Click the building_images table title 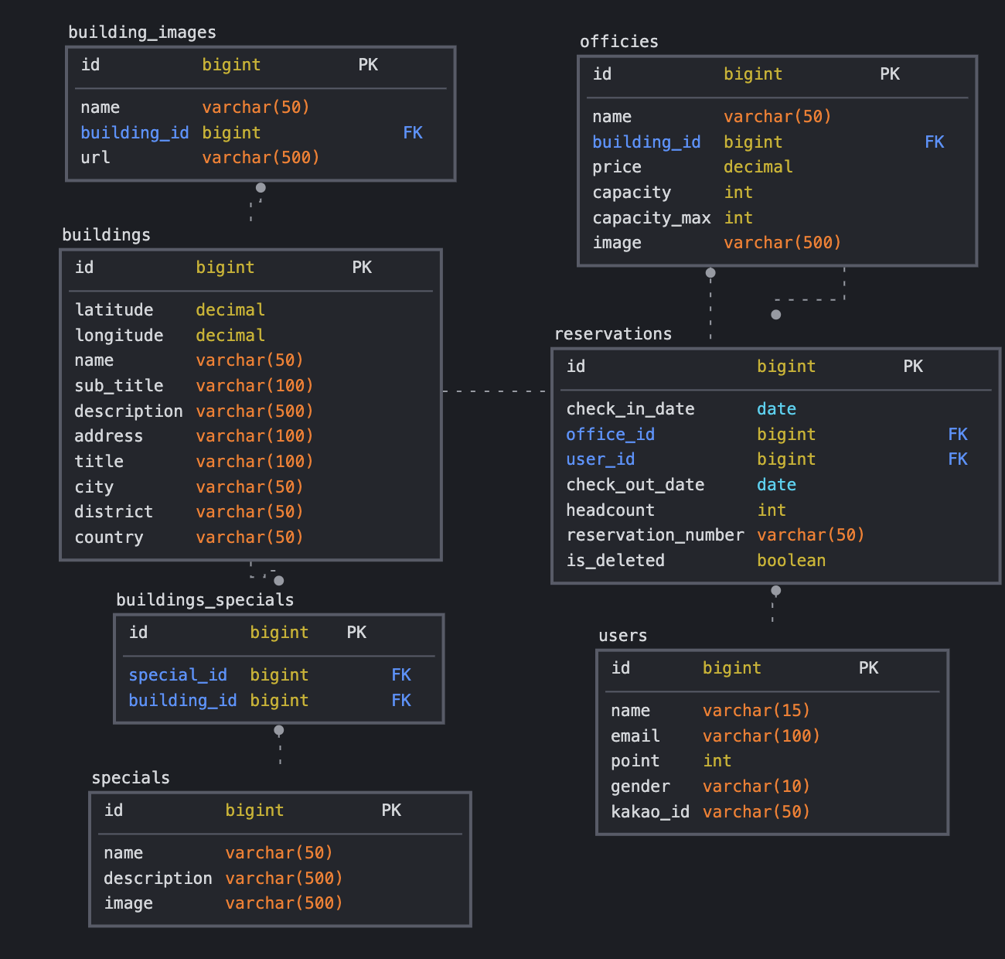[142, 32]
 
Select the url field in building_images [95, 158]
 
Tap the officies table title [619, 42]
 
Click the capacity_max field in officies [651, 218]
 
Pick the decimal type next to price [758, 167]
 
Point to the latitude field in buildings [114, 310]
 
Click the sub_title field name [118, 386]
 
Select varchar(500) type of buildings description [254, 411]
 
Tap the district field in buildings [113, 512]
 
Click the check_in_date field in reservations [630, 409]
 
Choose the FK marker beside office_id [957, 435]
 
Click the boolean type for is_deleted [791, 561]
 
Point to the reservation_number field [655, 535]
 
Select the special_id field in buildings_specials [178, 675]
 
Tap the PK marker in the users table [868, 668]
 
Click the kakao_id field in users [649, 812]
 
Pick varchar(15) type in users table [756, 711]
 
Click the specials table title [131, 778]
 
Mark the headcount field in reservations [610, 510]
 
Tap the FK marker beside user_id [957, 459]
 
